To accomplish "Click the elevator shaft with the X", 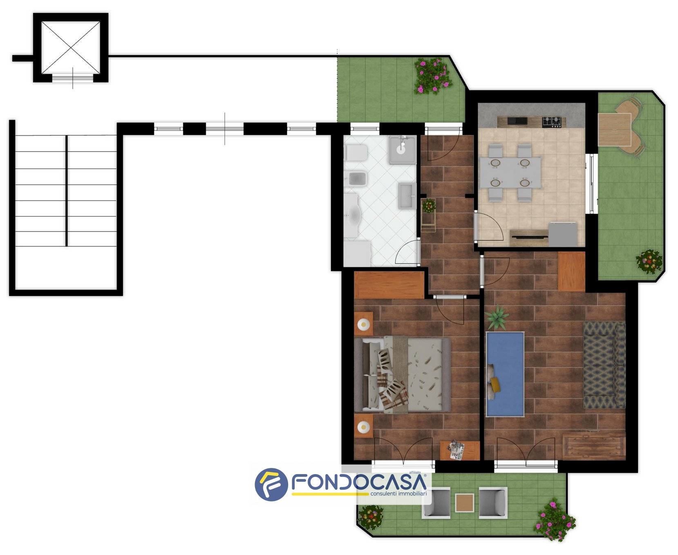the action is [x=71, y=47].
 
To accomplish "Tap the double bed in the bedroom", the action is [x=403, y=374].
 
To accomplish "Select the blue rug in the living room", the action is [x=505, y=374].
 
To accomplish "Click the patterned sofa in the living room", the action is [x=604, y=365].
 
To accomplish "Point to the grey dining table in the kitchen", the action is [x=510, y=172].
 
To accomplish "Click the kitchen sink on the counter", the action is [x=516, y=121].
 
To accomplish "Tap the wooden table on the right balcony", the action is [x=614, y=130].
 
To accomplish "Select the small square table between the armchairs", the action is [x=465, y=503].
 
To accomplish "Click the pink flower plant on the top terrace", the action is [x=432, y=76].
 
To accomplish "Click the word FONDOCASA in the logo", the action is [x=359, y=483].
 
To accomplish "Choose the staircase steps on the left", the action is [x=66, y=191].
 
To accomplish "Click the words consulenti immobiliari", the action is [x=398, y=494].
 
